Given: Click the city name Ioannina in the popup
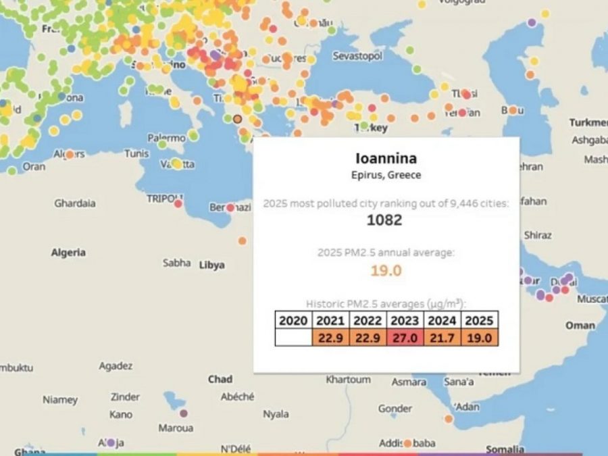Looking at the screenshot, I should click(x=386, y=159).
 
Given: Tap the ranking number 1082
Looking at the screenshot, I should click(x=384, y=220).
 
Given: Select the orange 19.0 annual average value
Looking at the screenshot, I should click(x=386, y=270).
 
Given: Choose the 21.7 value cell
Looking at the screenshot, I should click(x=442, y=337).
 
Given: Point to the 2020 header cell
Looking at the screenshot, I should click(x=293, y=320).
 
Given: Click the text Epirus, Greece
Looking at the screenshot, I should click(x=386, y=175).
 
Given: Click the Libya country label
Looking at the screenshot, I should click(x=211, y=265).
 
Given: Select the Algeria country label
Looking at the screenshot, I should click(x=68, y=253).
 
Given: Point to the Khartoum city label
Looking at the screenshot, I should click(x=349, y=380).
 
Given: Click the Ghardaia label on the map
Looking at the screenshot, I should click(x=75, y=203).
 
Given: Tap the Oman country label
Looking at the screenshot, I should click(x=580, y=325).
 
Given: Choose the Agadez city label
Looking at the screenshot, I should click(x=116, y=366).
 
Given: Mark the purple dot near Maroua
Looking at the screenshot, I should click(x=184, y=413).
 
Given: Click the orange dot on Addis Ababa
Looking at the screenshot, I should click(x=407, y=444).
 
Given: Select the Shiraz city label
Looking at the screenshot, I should click(x=538, y=235).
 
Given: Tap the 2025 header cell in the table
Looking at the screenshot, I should click(x=480, y=320).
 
